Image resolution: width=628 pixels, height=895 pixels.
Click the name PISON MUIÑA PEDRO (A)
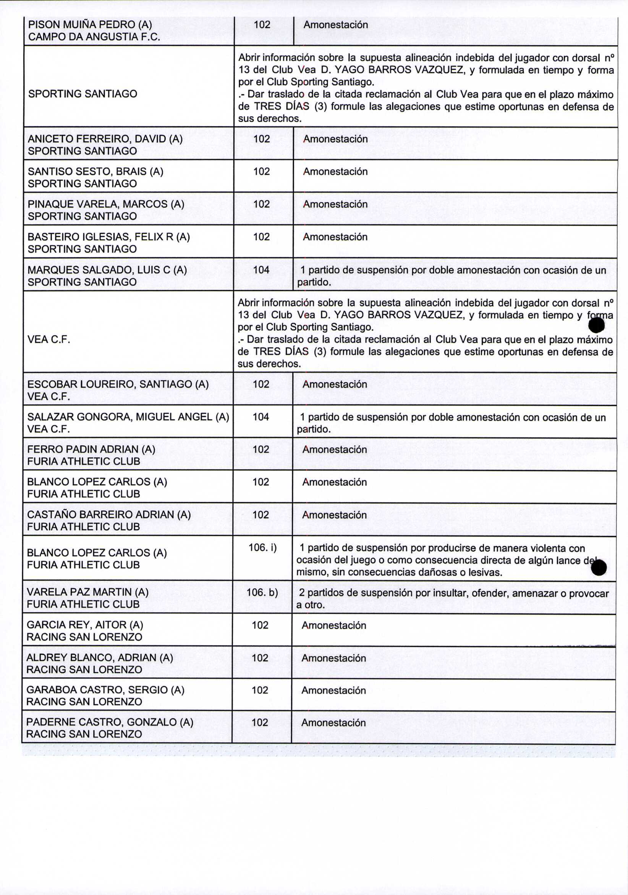[90, 25]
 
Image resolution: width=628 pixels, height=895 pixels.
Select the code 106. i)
[262, 548]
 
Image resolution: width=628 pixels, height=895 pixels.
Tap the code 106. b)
[262, 592]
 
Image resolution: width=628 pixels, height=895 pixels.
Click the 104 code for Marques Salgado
[261, 270]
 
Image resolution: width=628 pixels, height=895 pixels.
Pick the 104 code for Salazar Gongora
[261, 417]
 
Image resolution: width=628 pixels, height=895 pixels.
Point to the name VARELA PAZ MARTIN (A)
[87, 592]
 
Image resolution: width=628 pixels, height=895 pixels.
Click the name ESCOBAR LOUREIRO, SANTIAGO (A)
[118, 384]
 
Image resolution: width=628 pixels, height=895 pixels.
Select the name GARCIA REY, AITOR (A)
[85, 625]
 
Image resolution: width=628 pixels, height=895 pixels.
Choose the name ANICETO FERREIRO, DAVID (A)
[105, 139]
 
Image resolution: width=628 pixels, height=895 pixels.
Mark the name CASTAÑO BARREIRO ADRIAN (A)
[109, 514]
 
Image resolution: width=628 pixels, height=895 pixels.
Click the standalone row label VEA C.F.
[49, 339]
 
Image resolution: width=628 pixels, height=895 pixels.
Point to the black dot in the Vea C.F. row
[596, 325]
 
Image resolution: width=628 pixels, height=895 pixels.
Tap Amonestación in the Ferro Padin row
[335, 449]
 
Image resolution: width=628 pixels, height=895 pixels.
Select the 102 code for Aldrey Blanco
[260, 658]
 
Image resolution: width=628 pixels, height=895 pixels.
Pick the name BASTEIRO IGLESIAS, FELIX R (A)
[109, 237]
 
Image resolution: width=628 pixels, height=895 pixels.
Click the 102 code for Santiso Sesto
[262, 172]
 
